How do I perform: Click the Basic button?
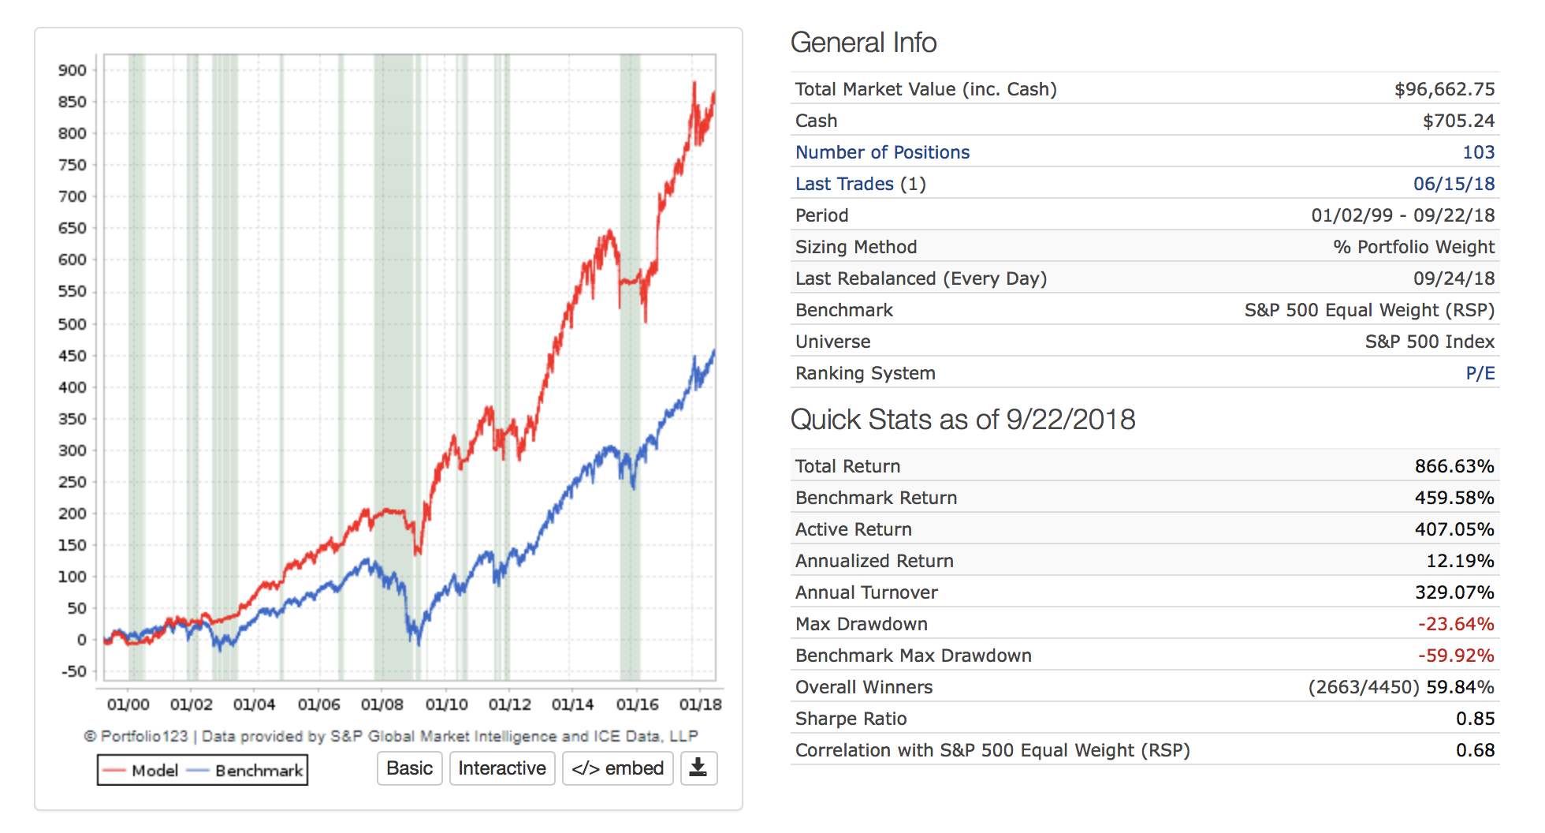[409, 768]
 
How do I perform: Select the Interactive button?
[502, 768]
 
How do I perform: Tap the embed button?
[617, 768]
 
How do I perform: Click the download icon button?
[698, 768]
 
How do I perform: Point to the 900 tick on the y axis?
[73, 70]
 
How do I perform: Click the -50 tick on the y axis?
[74, 671]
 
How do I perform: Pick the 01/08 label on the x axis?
[382, 704]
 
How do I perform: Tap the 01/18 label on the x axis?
[700, 704]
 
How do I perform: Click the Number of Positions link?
[882, 152]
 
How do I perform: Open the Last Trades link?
[844, 184]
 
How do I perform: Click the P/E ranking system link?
[1480, 373]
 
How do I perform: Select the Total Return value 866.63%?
[1454, 466]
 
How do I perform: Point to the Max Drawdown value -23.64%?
[1455, 624]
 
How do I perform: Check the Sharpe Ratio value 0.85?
[1475, 719]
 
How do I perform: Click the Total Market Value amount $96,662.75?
[1444, 89]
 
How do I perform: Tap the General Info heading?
[863, 43]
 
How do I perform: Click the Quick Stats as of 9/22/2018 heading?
[962, 420]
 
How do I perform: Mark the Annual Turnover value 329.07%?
[1454, 592]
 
